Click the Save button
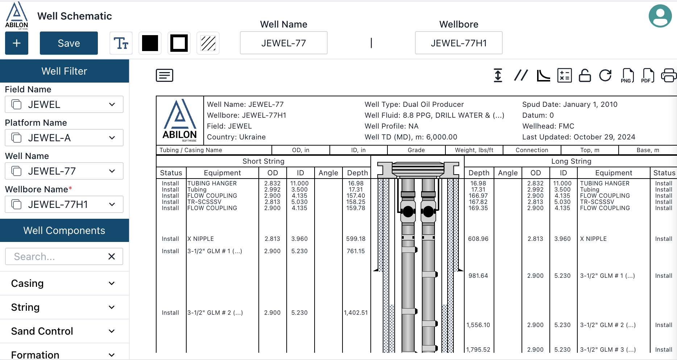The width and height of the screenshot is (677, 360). click(x=69, y=43)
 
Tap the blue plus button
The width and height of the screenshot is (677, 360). click(x=17, y=43)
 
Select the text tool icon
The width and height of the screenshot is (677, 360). click(x=121, y=43)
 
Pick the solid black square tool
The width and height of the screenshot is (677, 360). click(x=150, y=43)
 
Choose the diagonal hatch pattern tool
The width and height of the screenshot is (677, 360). click(x=208, y=43)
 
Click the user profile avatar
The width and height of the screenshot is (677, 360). click(x=660, y=16)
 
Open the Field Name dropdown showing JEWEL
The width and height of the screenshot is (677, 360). click(x=64, y=104)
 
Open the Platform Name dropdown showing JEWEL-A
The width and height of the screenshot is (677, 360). click(x=64, y=138)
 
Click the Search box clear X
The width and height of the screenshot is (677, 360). click(x=112, y=256)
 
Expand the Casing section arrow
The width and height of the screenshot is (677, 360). click(x=112, y=283)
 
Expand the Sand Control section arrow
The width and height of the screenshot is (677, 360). click(x=112, y=331)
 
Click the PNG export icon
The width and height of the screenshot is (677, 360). click(x=627, y=75)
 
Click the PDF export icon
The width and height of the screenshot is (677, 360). click(x=648, y=75)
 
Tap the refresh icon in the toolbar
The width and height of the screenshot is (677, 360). click(x=605, y=75)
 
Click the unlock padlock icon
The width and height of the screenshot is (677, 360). click(x=585, y=75)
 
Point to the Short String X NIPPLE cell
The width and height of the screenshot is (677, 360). click(x=200, y=239)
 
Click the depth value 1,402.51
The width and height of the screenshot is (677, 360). click(x=356, y=313)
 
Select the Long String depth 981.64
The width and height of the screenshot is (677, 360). click(x=478, y=276)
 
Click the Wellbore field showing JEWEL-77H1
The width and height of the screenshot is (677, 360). click(x=458, y=43)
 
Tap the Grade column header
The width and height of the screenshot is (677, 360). click(x=416, y=150)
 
